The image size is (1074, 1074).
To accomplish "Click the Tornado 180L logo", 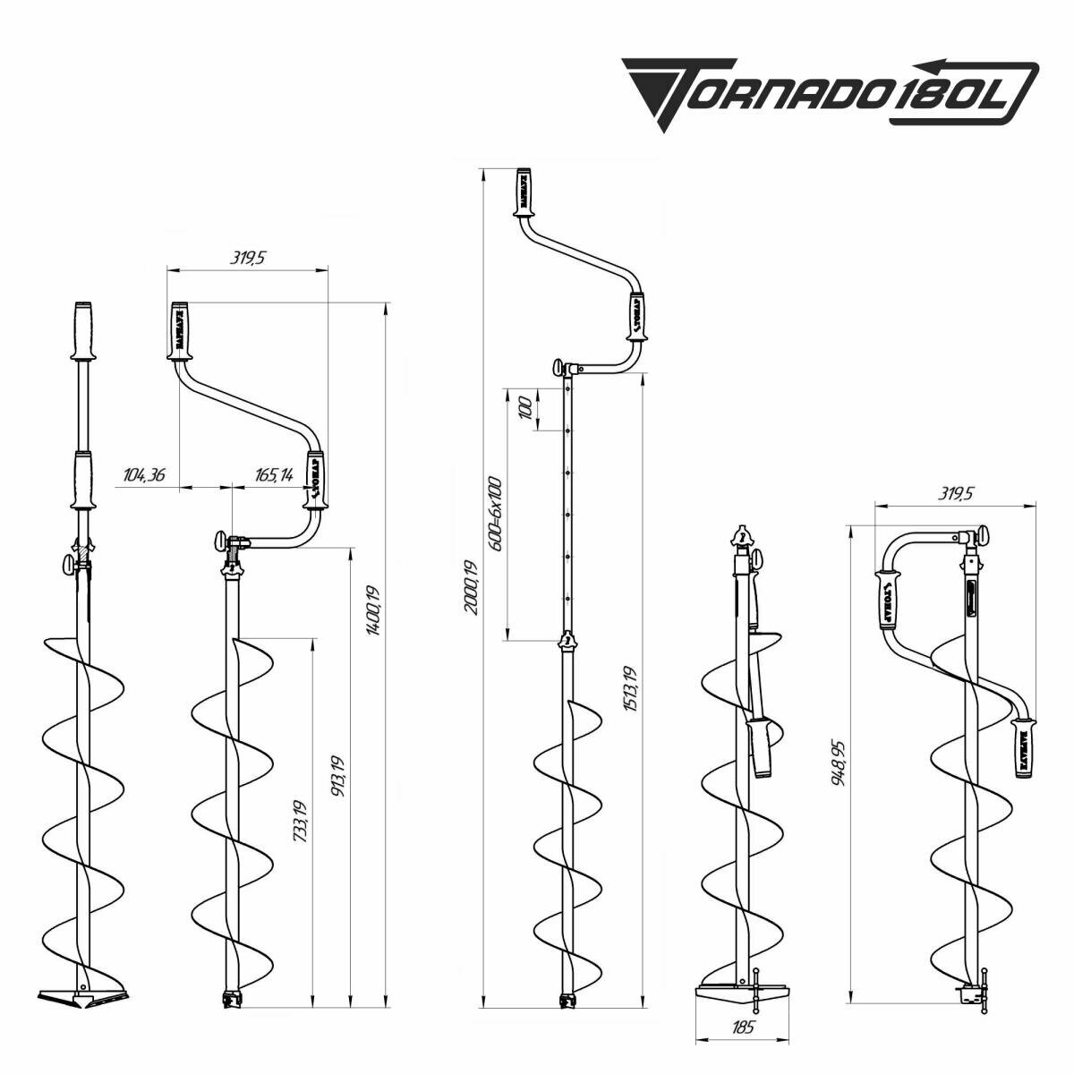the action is coord(831,91).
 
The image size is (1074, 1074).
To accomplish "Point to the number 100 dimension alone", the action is coord(525,408).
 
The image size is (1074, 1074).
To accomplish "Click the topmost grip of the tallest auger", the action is coord(524,191).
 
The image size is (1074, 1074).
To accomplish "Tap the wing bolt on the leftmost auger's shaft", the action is coord(69,566).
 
